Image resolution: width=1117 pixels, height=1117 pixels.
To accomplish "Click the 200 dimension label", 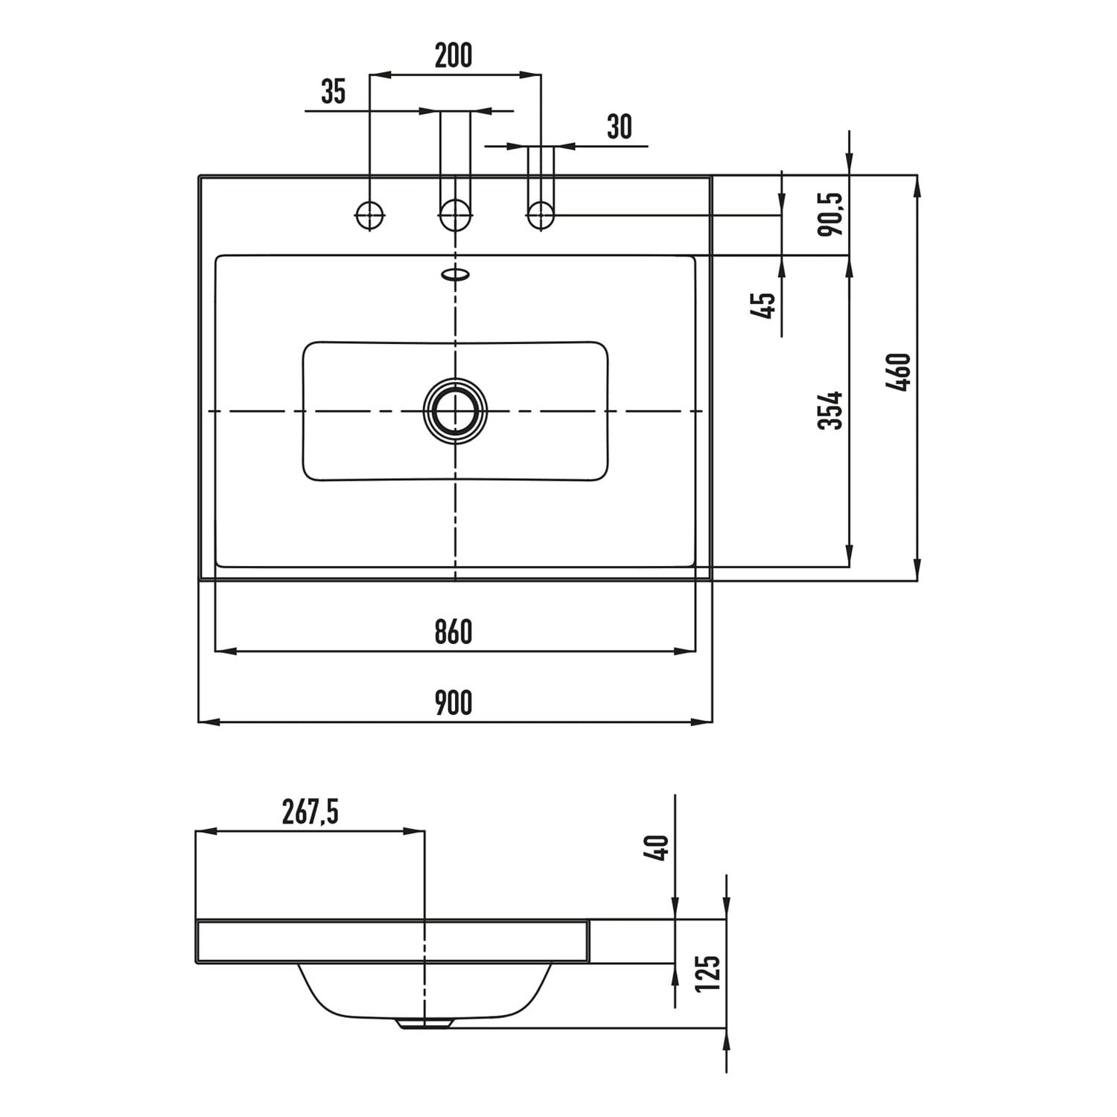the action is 453,56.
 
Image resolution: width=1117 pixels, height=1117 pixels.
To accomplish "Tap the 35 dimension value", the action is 334,92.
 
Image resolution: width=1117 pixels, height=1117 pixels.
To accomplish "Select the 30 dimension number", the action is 619,127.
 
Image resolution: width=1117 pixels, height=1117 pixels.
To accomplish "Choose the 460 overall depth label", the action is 899,372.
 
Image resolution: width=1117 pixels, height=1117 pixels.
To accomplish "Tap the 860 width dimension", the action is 454,632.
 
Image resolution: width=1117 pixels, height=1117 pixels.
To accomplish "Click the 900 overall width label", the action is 454,703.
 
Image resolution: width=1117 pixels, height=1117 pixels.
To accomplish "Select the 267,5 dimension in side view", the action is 310,812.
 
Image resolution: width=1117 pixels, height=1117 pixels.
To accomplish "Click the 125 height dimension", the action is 707,973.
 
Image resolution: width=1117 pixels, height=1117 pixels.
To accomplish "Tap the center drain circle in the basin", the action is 455,411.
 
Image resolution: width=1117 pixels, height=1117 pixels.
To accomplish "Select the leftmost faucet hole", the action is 369,216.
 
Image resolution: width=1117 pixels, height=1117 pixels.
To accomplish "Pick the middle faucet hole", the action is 455,216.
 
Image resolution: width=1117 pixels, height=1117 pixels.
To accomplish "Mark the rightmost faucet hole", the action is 541,216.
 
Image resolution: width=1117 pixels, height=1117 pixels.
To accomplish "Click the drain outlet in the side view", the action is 424,1024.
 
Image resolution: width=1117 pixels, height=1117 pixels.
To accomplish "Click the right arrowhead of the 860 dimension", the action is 686,651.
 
